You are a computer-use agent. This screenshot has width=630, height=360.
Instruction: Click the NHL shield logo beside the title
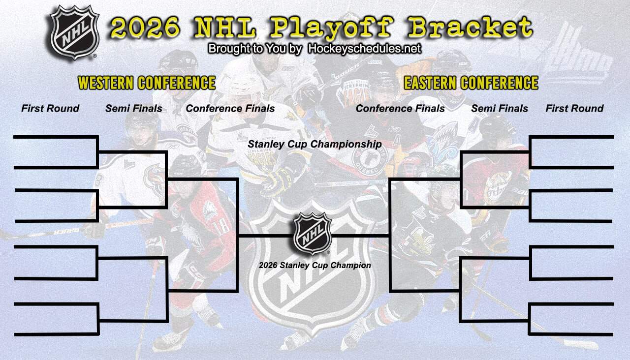tap(75, 32)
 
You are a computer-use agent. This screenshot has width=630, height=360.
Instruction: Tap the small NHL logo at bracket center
tap(313, 234)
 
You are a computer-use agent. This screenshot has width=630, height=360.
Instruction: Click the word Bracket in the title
tap(471, 27)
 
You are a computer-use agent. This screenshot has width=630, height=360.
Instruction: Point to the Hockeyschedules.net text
tap(364, 49)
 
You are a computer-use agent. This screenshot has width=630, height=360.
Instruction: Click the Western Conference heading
tap(147, 83)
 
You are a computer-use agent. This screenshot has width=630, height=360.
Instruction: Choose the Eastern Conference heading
tap(471, 83)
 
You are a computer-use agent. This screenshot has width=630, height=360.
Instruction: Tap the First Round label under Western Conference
tap(50, 109)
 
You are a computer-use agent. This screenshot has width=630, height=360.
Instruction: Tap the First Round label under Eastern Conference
tap(574, 109)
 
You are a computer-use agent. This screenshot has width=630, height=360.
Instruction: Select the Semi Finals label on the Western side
tap(133, 109)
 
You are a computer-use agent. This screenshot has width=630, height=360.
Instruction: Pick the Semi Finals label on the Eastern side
tap(500, 109)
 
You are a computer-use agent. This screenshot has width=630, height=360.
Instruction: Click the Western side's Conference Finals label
tap(230, 109)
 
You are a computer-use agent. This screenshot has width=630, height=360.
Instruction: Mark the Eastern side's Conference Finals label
tap(400, 109)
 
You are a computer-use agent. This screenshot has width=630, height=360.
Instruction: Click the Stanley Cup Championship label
tap(315, 144)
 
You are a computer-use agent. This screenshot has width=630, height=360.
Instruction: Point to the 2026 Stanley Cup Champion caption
tap(315, 266)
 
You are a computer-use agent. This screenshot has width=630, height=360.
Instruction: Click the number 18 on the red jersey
tap(222, 226)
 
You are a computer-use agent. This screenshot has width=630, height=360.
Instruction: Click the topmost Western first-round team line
tap(55, 137)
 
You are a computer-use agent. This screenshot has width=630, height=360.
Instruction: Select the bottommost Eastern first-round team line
tap(571, 334)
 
